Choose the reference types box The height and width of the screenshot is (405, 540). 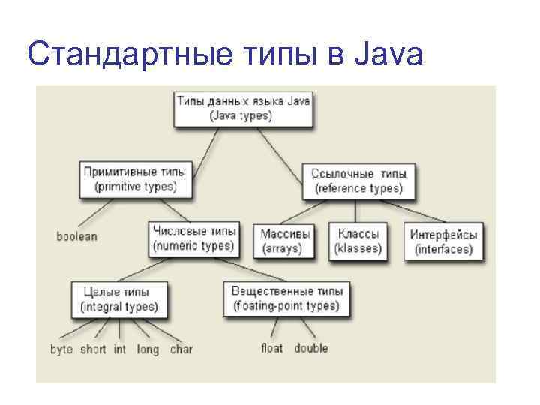point(358,181)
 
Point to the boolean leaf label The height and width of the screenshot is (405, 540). point(76,236)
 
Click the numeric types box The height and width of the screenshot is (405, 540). point(194,238)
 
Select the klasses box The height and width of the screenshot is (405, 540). point(358,241)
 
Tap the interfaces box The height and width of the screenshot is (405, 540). point(444,241)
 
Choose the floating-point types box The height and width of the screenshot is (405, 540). point(287,298)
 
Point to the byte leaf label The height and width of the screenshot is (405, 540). point(61,349)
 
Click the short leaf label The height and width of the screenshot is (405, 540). point(93,349)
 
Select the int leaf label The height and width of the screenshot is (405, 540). point(120,349)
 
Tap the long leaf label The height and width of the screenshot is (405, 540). point(148,349)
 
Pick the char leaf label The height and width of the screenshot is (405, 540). point(181,349)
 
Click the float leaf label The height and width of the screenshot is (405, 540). point(271,348)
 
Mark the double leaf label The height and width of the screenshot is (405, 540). point(311,348)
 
